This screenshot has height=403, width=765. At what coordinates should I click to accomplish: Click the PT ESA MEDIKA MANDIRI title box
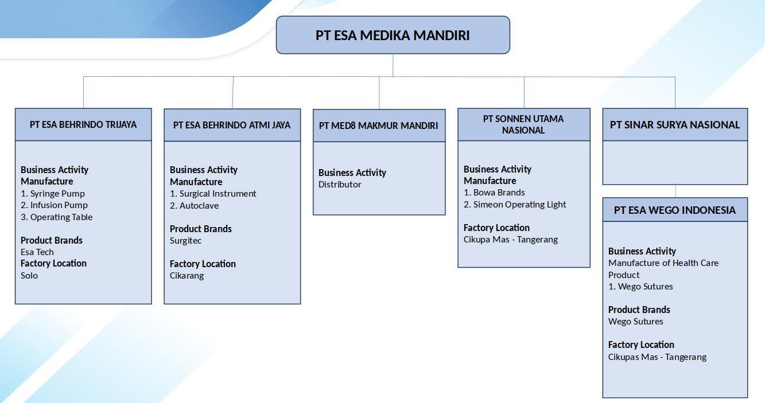[393, 35]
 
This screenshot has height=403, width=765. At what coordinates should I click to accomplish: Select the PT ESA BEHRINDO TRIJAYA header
[83, 124]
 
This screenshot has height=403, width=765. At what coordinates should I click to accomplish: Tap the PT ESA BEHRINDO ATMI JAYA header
[232, 125]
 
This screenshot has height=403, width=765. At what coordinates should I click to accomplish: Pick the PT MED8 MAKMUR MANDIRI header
[379, 126]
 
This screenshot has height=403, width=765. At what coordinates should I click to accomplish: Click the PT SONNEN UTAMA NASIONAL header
[523, 124]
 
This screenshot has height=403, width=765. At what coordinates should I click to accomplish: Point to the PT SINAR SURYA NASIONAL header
[675, 124]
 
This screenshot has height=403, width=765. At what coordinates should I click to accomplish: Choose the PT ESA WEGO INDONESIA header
[675, 210]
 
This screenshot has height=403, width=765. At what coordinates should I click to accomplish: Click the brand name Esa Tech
[37, 252]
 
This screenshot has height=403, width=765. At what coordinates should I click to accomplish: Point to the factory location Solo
[29, 275]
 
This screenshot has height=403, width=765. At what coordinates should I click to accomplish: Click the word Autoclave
[199, 205]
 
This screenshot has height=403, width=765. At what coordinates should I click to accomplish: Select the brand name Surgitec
[185, 240]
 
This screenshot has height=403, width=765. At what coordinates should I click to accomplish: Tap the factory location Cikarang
[187, 275]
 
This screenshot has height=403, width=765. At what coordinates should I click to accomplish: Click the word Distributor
[340, 184]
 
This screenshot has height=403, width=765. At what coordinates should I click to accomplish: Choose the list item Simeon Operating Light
[519, 204]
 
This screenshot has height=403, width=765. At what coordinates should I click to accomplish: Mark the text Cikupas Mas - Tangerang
[657, 357]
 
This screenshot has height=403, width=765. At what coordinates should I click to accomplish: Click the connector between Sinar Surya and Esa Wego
[675, 191]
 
